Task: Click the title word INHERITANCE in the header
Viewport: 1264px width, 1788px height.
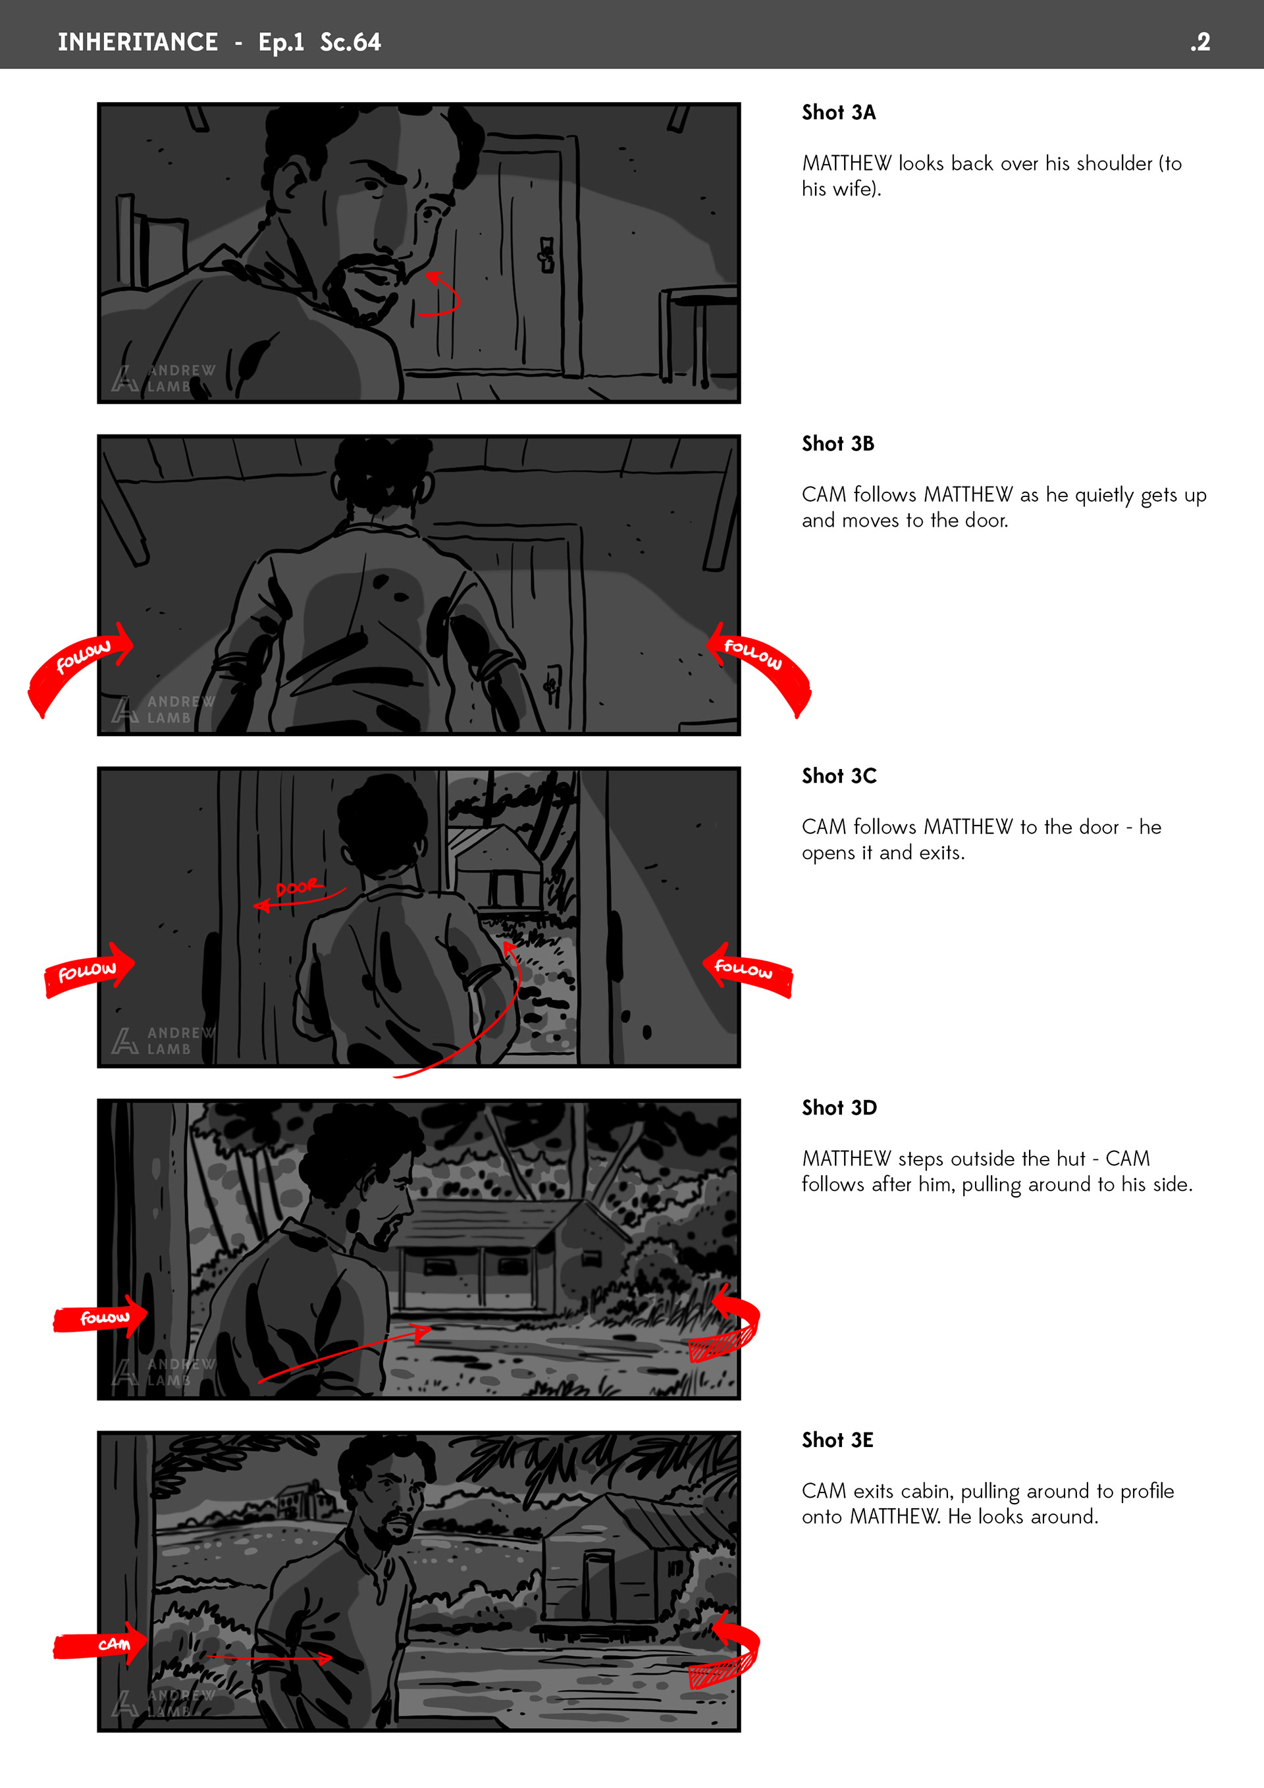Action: pyautogui.click(x=138, y=41)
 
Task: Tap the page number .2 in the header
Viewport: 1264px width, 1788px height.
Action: pyautogui.click(x=1200, y=41)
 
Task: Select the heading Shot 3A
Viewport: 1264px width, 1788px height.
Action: pyautogui.click(x=839, y=112)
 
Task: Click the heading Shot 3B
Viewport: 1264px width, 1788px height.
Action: pyautogui.click(x=838, y=444)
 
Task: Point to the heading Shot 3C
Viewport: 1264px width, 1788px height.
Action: pyautogui.click(x=839, y=776)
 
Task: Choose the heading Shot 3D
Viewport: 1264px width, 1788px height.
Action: pyautogui.click(x=839, y=1107)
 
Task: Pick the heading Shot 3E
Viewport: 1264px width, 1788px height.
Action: pyautogui.click(x=838, y=1440)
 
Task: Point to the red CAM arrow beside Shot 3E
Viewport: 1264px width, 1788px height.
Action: pyautogui.click(x=99, y=1644)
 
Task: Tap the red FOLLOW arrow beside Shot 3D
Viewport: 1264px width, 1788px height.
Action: pyautogui.click(x=99, y=1317)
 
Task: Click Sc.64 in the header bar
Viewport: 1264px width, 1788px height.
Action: pyautogui.click(x=350, y=41)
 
